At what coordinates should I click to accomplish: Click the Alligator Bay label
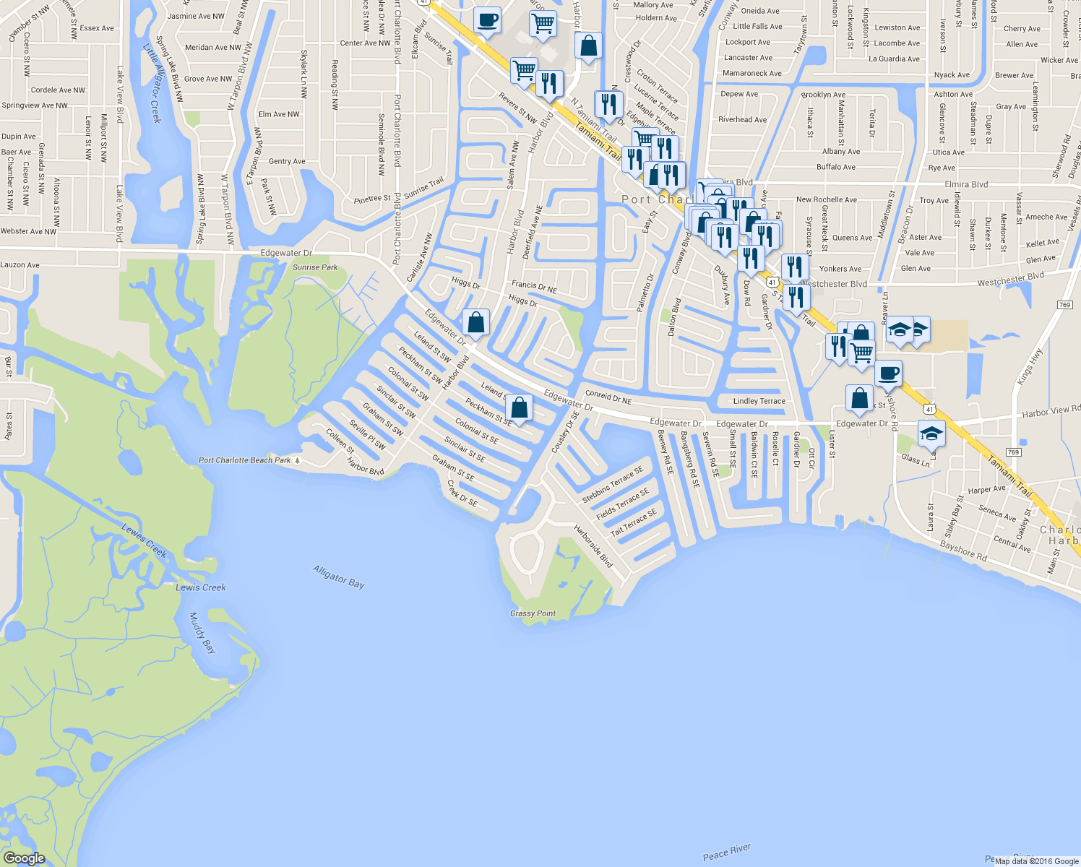point(338,577)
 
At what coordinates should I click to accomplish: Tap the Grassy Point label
point(533,613)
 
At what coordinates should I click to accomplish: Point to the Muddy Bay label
point(202,633)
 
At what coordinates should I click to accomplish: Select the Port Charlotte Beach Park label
point(245,460)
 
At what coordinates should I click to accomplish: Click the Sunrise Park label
point(315,267)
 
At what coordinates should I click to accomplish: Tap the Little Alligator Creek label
point(152,83)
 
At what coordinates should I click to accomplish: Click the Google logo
point(24,858)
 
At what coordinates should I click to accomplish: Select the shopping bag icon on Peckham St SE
point(519,407)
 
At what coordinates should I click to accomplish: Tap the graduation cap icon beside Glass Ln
point(931,433)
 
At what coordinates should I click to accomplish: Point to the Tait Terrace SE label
point(633,522)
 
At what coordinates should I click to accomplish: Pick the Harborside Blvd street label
point(593,545)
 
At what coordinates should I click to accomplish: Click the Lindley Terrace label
point(759,401)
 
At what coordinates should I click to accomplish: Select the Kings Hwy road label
point(1030,366)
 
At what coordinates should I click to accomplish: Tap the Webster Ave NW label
point(28,231)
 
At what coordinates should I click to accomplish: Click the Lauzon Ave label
point(20,265)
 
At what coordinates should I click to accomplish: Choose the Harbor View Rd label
point(1051,412)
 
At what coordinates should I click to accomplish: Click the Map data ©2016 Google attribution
point(1036,860)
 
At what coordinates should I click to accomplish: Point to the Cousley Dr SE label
point(565,433)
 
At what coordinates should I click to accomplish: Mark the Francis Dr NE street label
point(534,287)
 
